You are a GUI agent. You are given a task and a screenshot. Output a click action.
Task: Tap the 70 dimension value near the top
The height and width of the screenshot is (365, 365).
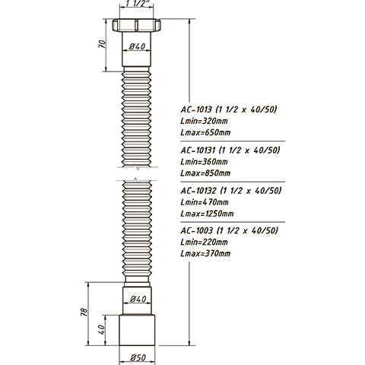102,44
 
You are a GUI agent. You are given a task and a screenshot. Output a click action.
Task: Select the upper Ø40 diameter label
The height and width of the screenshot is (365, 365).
137,46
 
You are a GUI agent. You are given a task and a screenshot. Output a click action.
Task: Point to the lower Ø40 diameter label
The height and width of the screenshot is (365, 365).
138,299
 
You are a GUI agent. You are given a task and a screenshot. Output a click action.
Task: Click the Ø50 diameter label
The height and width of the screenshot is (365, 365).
138,357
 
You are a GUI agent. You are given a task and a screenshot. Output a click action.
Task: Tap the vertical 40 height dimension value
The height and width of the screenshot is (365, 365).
101,330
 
